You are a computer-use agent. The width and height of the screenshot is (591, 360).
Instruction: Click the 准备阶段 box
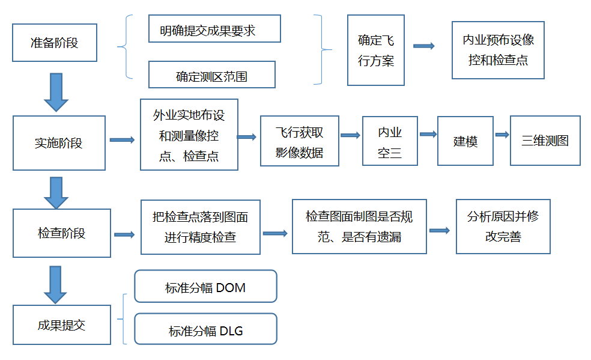coord(55,43)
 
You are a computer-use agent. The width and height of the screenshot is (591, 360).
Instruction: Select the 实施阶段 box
coord(59,143)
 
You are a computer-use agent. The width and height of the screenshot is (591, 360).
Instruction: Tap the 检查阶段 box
coord(62,233)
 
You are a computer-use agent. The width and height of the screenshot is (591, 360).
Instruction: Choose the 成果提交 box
coord(62,325)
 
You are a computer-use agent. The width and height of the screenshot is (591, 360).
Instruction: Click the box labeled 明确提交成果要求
coord(214,29)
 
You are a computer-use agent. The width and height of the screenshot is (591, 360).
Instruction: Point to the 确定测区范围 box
coord(211,75)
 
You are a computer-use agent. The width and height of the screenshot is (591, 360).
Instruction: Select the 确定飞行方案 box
coord(376,50)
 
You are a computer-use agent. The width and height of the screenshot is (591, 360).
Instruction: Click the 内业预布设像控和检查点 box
coord(498,50)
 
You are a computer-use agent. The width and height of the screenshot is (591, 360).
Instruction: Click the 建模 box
coord(465,141)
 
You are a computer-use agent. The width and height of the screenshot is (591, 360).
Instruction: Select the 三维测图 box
coord(545,141)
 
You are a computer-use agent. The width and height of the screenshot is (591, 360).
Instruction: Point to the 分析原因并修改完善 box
coord(503,225)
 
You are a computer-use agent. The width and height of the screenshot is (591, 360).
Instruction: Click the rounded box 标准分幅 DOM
coord(205,286)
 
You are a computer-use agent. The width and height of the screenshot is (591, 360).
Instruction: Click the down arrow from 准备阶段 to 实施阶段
coord(56,92)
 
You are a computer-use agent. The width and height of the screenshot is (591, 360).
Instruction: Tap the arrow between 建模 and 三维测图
coord(502,135)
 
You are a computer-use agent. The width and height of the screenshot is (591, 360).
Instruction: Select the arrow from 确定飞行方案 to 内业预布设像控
coord(424,46)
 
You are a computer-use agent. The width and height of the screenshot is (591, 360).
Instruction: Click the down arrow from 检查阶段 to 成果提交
coord(56,284)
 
